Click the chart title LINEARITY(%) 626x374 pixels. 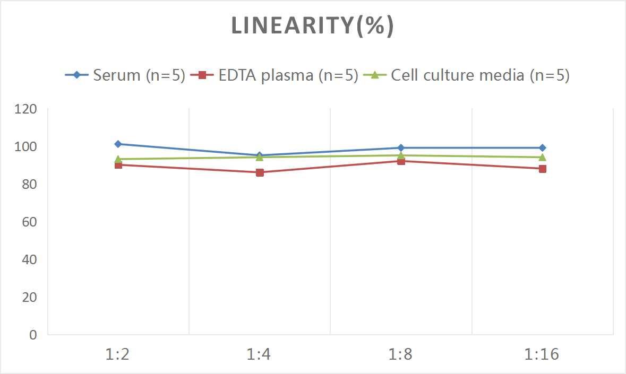pyautogui.click(x=312, y=26)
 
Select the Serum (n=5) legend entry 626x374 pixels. pyautogui.click(x=125, y=75)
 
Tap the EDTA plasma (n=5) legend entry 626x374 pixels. pyautogui.click(x=275, y=75)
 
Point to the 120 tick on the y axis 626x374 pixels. pyautogui.click(x=26, y=109)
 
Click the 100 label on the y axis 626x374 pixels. pyautogui.click(x=26, y=147)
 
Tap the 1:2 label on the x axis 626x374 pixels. pyautogui.click(x=118, y=354)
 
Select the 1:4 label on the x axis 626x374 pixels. pyautogui.click(x=260, y=354)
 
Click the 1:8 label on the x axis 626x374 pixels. pyautogui.click(x=401, y=354)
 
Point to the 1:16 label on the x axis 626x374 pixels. pyautogui.click(x=542, y=354)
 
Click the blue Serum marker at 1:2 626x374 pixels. pyautogui.click(x=118, y=144)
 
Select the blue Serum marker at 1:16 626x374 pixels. pyautogui.click(x=542, y=148)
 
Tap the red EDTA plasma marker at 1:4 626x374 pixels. pyautogui.click(x=260, y=172)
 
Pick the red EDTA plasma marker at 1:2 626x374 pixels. pyautogui.click(x=118, y=165)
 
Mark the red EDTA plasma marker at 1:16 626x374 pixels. pyautogui.click(x=542, y=169)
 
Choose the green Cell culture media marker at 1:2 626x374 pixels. pyautogui.click(x=118, y=159)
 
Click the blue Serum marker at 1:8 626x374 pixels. pyautogui.click(x=401, y=148)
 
